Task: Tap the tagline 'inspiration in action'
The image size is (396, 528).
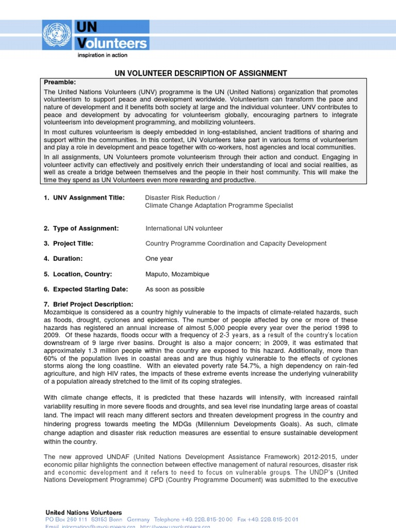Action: pyautogui.click(x=102, y=55)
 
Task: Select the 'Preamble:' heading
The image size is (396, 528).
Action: pyautogui.click(x=60, y=82)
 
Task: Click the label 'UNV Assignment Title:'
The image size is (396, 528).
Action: pyautogui.click(x=88, y=197)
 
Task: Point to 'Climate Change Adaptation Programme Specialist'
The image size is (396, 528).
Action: pyautogui.click(x=219, y=205)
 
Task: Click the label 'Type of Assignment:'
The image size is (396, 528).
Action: pyautogui.click(x=85, y=228)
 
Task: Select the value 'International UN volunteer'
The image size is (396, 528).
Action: pyautogui.click(x=184, y=228)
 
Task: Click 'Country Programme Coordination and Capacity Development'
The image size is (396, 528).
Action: pyautogui.click(x=236, y=243)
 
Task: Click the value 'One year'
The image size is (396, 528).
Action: pyautogui.click(x=159, y=259)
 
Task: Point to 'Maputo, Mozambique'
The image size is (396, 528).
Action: pyautogui.click(x=177, y=274)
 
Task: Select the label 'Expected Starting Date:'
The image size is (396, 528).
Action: pyautogui.click(x=90, y=289)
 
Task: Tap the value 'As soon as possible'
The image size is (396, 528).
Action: pyautogui.click(x=175, y=289)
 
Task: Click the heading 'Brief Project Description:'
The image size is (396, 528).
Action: pyautogui.click(x=93, y=305)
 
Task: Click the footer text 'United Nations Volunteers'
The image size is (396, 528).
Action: pyautogui.click(x=84, y=513)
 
